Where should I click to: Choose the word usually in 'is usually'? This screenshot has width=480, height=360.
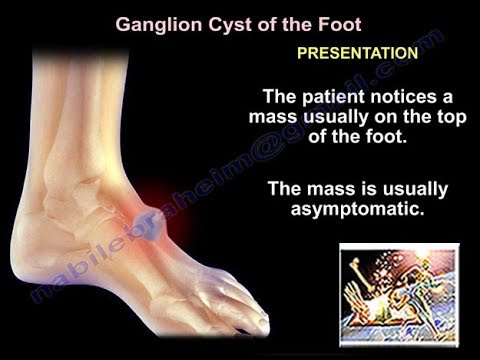413,188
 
